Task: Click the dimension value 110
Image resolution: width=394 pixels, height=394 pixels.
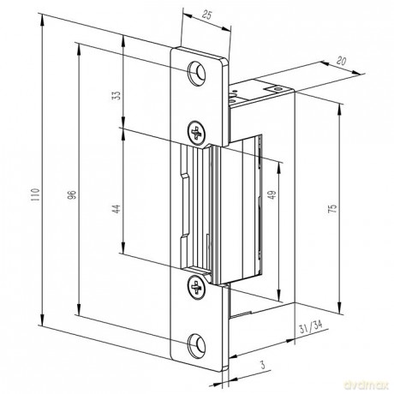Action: coord(35,194)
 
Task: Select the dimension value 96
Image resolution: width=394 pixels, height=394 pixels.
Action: coord(73,194)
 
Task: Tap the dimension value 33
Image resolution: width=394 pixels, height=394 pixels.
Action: coord(116,95)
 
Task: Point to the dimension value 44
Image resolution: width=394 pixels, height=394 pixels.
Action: coord(116,209)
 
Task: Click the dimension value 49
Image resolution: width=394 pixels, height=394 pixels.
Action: coord(273,194)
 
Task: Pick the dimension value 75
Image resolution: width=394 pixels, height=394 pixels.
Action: coord(332,208)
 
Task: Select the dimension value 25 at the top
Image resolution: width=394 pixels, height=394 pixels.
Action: coord(206,15)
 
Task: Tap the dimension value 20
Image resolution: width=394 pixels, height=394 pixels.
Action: coord(341,61)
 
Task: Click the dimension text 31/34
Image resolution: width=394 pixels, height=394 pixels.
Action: coord(311,328)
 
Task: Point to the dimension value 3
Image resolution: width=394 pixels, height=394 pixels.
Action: coord(262,365)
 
